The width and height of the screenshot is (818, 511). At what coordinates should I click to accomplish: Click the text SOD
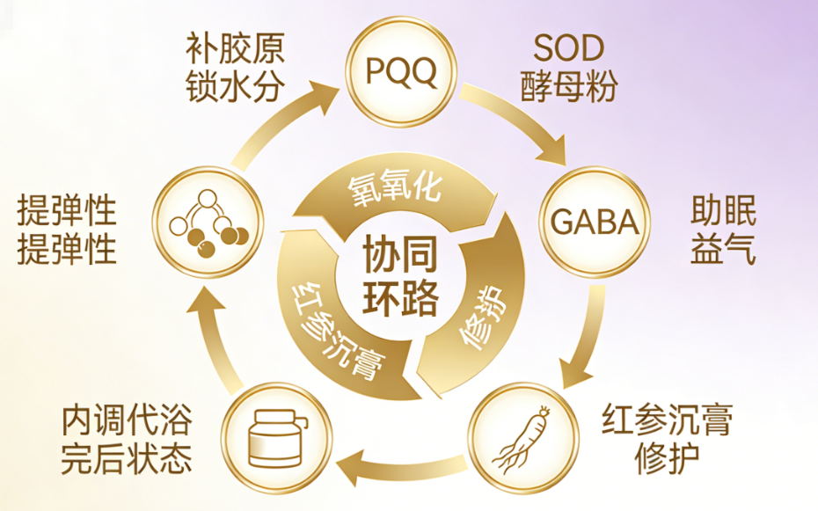pyautogui.click(x=568, y=48)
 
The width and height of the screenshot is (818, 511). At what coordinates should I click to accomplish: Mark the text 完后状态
pyautogui.click(x=127, y=459)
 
